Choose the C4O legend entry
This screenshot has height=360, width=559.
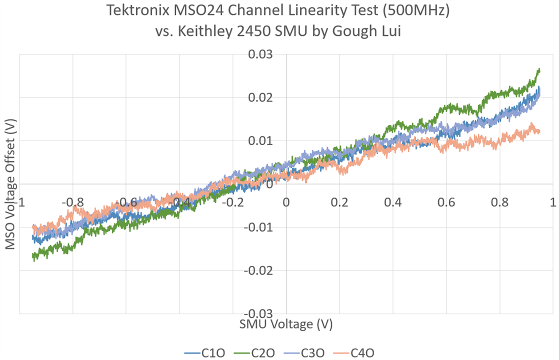click(356, 352)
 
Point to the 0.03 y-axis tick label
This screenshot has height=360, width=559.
click(260, 54)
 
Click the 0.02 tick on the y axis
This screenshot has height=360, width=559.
click(260, 97)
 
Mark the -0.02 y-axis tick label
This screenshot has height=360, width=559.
click(258, 270)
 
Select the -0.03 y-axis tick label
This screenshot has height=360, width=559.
click(258, 313)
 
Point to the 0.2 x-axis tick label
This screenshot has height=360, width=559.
click(339, 203)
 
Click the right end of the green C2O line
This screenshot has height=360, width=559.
click(539, 70)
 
